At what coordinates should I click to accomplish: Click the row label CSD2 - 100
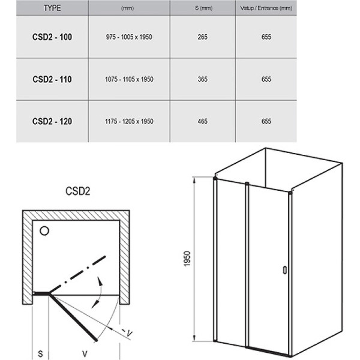coord(52,37)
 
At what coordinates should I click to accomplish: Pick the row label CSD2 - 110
coord(52,79)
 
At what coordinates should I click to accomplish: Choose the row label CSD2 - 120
coord(52,121)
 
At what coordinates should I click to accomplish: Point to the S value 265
coord(203,37)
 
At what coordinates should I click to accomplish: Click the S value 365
coord(203,79)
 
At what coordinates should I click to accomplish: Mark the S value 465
coord(203,121)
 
